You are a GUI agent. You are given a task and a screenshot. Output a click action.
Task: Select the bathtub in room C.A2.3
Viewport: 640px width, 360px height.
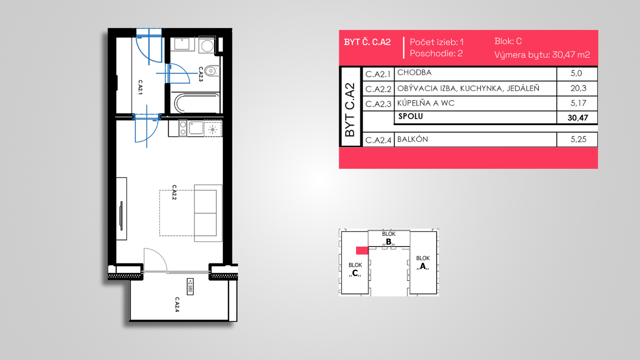point(196,103)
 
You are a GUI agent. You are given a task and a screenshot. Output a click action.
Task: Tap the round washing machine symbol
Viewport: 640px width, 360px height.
point(207,45)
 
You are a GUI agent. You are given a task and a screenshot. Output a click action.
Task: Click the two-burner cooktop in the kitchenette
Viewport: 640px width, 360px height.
point(183,128)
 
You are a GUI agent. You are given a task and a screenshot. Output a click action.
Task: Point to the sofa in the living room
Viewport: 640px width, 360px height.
point(208,213)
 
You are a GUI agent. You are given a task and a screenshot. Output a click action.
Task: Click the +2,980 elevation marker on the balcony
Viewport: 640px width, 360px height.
point(190,286)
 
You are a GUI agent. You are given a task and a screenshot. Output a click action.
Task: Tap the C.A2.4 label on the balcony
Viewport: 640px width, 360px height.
point(177,304)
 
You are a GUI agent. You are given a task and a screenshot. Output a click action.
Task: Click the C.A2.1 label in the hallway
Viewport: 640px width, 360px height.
point(140,87)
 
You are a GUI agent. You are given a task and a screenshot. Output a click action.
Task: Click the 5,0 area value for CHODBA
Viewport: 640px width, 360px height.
point(576,74)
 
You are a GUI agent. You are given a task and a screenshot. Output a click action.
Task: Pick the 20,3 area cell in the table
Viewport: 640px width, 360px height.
point(578,88)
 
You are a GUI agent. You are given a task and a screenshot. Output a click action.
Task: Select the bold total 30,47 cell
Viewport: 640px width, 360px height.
point(578,118)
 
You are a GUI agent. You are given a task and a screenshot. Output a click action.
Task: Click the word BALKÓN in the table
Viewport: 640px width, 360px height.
point(413,139)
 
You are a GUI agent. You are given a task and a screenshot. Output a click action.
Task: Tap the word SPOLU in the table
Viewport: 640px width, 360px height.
point(410,116)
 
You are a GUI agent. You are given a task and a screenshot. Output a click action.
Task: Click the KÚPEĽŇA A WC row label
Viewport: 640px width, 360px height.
point(426,103)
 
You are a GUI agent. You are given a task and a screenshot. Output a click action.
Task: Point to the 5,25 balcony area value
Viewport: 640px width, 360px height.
point(578,139)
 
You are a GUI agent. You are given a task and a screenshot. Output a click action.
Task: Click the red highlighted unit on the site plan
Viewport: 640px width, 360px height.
point(362,250)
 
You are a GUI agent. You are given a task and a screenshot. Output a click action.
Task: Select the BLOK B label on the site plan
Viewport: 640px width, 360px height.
point(388,239)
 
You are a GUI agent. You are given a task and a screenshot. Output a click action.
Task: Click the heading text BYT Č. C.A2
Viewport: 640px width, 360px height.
point(367,42)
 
